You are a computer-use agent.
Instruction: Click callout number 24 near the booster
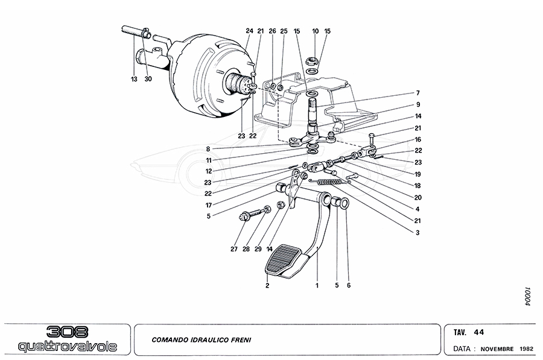(249, 31)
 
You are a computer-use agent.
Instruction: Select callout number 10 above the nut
(315, 31)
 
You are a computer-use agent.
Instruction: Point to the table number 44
(478, 332)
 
